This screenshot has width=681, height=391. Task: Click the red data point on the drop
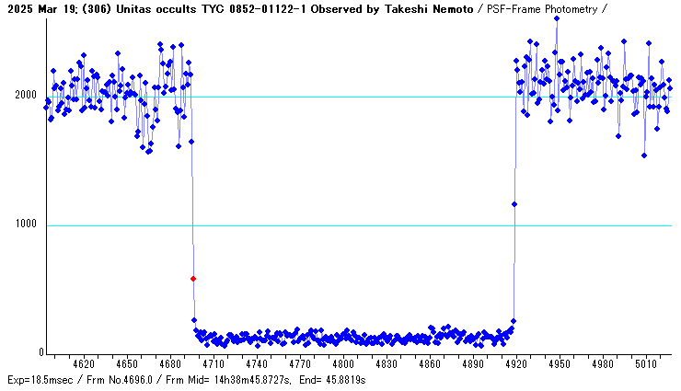(193, 278)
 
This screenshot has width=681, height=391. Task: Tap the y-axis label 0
(40, 353)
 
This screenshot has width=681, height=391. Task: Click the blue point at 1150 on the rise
(514, 204)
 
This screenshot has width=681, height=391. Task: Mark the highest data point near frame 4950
(557, 17)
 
